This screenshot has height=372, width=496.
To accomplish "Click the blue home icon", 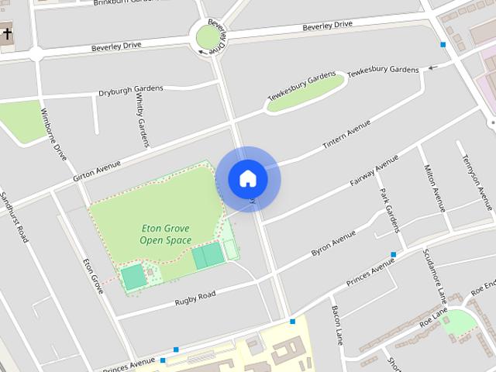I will tap(248, 179).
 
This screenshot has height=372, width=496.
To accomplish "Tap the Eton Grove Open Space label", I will tap(166, 234).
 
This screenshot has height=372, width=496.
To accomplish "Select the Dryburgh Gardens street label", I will tap(130, 91).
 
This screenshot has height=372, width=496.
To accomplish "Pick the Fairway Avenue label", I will tap(374, 170).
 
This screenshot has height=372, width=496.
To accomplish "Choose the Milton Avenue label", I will tap(434, 188).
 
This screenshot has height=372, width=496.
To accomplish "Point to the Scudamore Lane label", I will tap(436, 275).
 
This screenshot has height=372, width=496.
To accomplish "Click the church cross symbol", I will tap(8, 34).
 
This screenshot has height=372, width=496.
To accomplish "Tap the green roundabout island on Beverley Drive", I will tap(208, 36).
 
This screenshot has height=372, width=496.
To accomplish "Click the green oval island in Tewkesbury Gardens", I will tap(305, 92).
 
